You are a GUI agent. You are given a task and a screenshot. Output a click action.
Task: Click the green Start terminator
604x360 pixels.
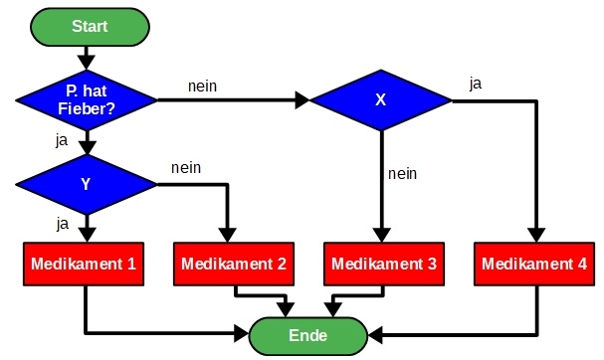coord(89,26)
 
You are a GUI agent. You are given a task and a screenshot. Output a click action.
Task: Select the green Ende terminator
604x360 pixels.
coord(307,335)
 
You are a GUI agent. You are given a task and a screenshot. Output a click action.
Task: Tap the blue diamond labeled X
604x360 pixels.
coord(381,99)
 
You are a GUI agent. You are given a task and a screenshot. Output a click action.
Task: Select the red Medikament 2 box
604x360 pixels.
coord(235,266)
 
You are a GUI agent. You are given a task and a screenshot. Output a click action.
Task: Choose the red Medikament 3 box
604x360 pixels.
coord(382,266)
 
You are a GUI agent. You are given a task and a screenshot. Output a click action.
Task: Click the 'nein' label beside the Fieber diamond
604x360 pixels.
coord(202,86)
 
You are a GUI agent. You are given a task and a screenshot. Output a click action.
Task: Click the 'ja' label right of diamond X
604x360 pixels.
coord(475,84)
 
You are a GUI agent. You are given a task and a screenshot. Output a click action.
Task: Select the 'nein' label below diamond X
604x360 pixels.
coord(401,173)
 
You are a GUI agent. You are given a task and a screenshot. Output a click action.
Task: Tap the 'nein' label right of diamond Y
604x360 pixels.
coord(186,167)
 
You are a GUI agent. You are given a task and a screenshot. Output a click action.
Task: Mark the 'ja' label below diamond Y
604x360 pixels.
coord(62,223)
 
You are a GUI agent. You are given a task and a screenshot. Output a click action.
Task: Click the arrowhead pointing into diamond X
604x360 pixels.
coord(302,99)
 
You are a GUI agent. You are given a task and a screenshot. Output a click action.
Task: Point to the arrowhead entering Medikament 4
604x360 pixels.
coord(535,237)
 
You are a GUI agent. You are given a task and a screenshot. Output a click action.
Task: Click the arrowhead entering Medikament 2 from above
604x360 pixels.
coord(228,237)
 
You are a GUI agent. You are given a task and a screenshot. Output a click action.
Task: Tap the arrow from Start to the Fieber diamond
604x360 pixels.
coord(88,55)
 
